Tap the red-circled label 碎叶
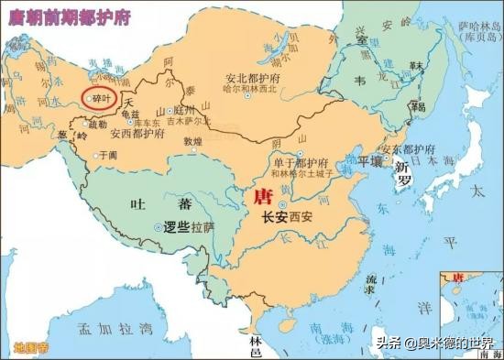tap(99, 96)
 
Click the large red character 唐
tap(263, 194)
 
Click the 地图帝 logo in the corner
tap(30, 347)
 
